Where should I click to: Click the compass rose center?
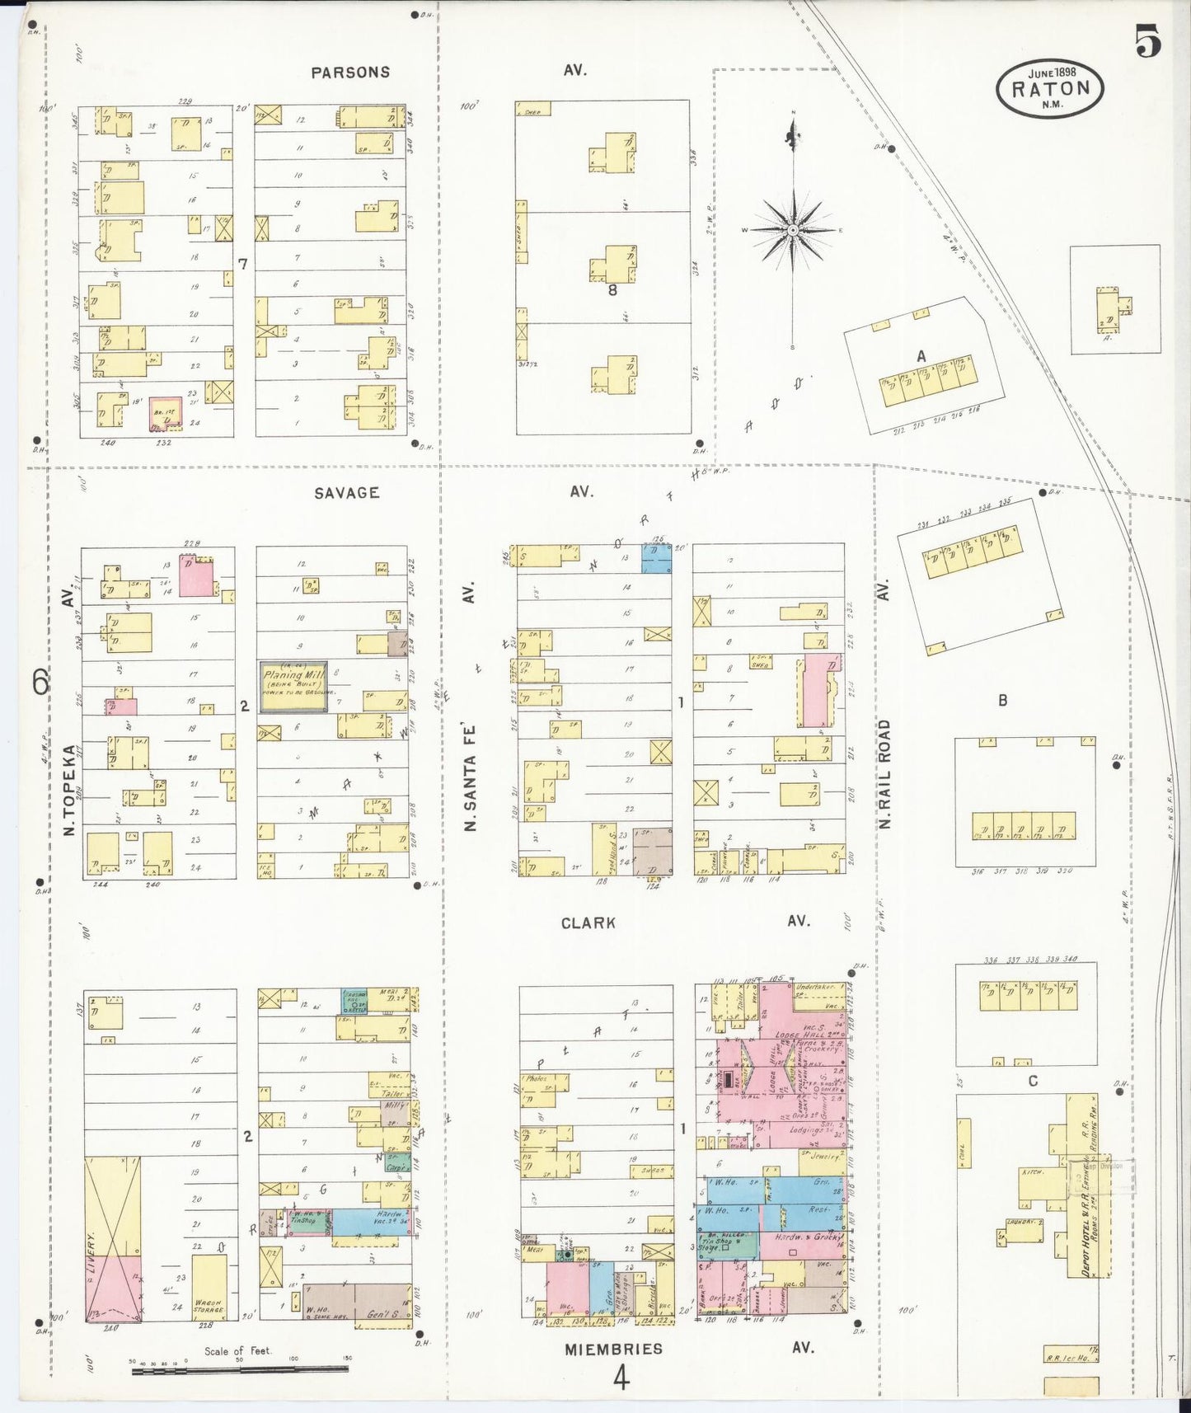tap(792, 230)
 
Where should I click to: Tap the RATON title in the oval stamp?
tap(1050, 89)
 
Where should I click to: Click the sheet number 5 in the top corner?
tap(1147, 41)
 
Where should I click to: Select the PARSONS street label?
tap(350, 73)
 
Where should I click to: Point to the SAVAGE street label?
tap(346, 493)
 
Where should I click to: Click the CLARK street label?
tap(588, 922)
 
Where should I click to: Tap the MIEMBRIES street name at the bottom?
tap(613, 1350)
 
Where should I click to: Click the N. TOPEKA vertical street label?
tap(70, 790)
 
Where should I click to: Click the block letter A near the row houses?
tap(921, 356)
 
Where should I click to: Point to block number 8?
tap(612, 290)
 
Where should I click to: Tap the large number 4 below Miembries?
tap(621, 1378)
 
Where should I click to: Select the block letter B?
tap(1003, 701)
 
